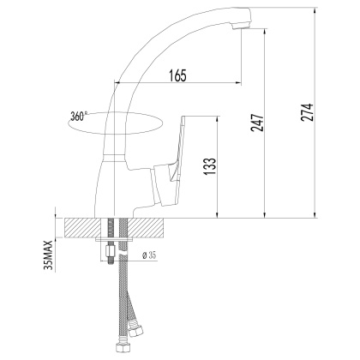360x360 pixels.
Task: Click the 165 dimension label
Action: pos(177,75)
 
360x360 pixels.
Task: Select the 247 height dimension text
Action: pos(257,123)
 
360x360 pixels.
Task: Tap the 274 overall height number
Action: pos(307,112)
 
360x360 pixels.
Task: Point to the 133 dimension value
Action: pos(210,166)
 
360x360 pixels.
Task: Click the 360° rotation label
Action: pos(78,117)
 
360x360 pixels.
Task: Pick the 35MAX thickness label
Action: pos(49,255)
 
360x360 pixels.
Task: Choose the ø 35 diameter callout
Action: pos(149,255)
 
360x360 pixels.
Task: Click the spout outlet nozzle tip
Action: pos(242,27)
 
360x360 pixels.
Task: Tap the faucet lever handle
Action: pos(171,160)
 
